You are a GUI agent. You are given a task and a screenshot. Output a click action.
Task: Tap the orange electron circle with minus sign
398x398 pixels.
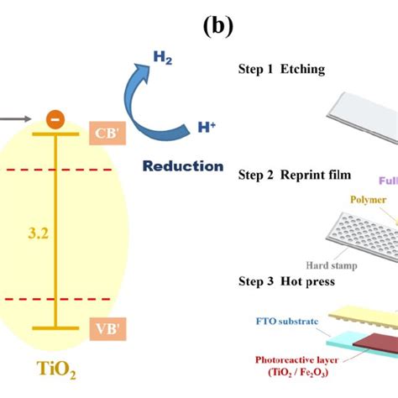[x=55, y=119]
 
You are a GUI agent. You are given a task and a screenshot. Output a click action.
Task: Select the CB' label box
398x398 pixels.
[x=105, y=133]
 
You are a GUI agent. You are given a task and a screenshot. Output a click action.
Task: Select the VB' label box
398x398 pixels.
[x=105, y=329]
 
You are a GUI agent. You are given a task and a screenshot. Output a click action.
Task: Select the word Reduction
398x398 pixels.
[x=182, y=165]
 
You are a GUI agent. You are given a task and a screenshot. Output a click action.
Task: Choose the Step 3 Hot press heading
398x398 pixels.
[x=286, y=281]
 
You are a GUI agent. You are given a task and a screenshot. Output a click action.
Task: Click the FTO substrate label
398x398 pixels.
[x=281, y=320]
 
